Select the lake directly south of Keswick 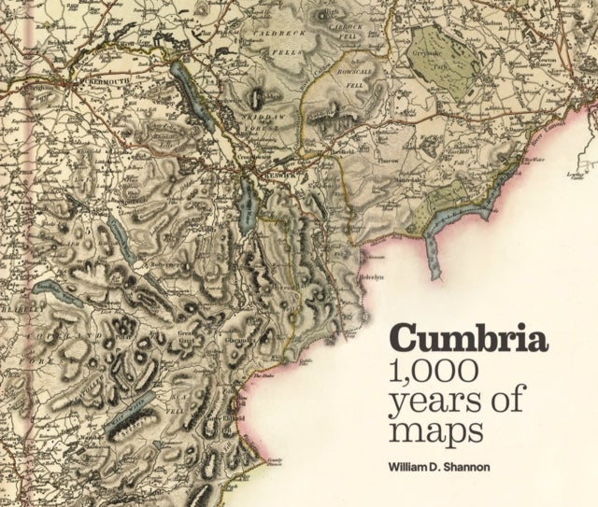[249, 200]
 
